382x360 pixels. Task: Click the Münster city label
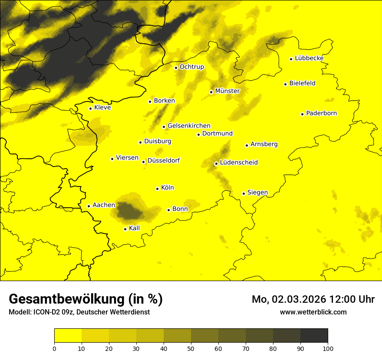227,91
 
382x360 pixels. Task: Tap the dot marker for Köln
157,189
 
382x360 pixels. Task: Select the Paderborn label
321,114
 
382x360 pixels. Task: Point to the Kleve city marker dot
90,108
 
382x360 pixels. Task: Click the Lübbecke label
309,58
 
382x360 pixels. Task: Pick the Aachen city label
104,205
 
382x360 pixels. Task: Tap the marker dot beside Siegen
244,193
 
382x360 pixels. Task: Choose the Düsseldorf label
163,161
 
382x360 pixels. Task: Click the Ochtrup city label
191,67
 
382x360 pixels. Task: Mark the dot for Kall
125,229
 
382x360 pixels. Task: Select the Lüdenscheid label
239,163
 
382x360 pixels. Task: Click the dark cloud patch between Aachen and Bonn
129,211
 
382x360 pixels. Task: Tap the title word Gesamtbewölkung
65,299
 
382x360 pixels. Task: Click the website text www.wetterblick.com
313,312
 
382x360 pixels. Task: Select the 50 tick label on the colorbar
191,348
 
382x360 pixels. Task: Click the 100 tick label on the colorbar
328,348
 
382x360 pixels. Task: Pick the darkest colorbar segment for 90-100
314,336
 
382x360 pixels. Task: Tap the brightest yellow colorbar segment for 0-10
68,336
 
